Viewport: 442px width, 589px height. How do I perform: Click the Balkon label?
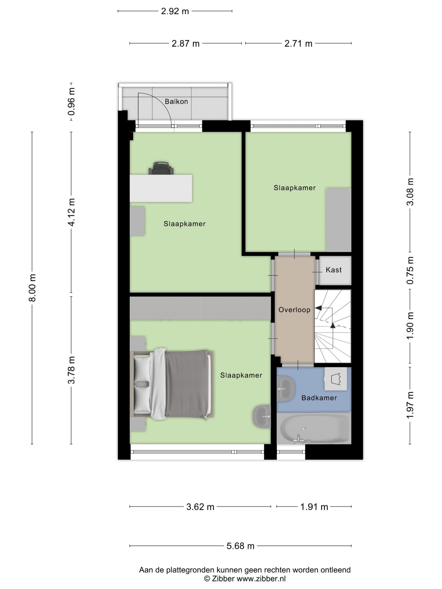coord(176,101)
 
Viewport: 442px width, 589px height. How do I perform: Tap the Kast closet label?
coord(334,270)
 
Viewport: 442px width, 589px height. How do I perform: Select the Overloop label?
coord(294,310)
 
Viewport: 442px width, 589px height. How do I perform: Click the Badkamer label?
coord(319,398)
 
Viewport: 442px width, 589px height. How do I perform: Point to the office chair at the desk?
coord(161,168)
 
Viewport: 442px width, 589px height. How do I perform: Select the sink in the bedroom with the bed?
coord(262,416)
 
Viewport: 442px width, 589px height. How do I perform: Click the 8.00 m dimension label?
coord(32,288)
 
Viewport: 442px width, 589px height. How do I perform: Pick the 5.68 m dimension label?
coord(240,546)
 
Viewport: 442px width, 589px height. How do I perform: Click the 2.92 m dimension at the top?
coord(175,11)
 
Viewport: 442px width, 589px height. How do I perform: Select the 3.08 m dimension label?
coord(410,192)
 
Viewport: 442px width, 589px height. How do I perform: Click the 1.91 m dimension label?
coord(314,507)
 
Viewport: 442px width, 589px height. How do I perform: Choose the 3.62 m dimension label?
coord(200,507)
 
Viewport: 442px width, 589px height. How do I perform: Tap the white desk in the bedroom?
coord(161,188)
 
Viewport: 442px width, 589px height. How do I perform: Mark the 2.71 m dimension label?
coord(298,43)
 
